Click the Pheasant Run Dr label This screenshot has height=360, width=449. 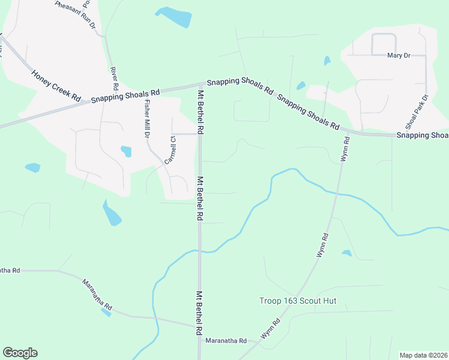point(76,15)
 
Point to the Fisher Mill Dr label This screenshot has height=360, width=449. point(146,119)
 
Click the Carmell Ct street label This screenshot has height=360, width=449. point(169,151)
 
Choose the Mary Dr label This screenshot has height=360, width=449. point(399,55)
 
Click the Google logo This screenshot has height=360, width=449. point(20,353)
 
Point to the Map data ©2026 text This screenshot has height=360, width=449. point(423,355)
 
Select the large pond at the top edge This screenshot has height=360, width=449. point(173,17)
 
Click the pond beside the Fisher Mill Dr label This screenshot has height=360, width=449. point(126,151)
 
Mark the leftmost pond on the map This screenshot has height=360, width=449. point(32,167)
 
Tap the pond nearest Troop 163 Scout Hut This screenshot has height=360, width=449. point(346,253)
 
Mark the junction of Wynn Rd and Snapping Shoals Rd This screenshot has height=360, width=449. point(346,132)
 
